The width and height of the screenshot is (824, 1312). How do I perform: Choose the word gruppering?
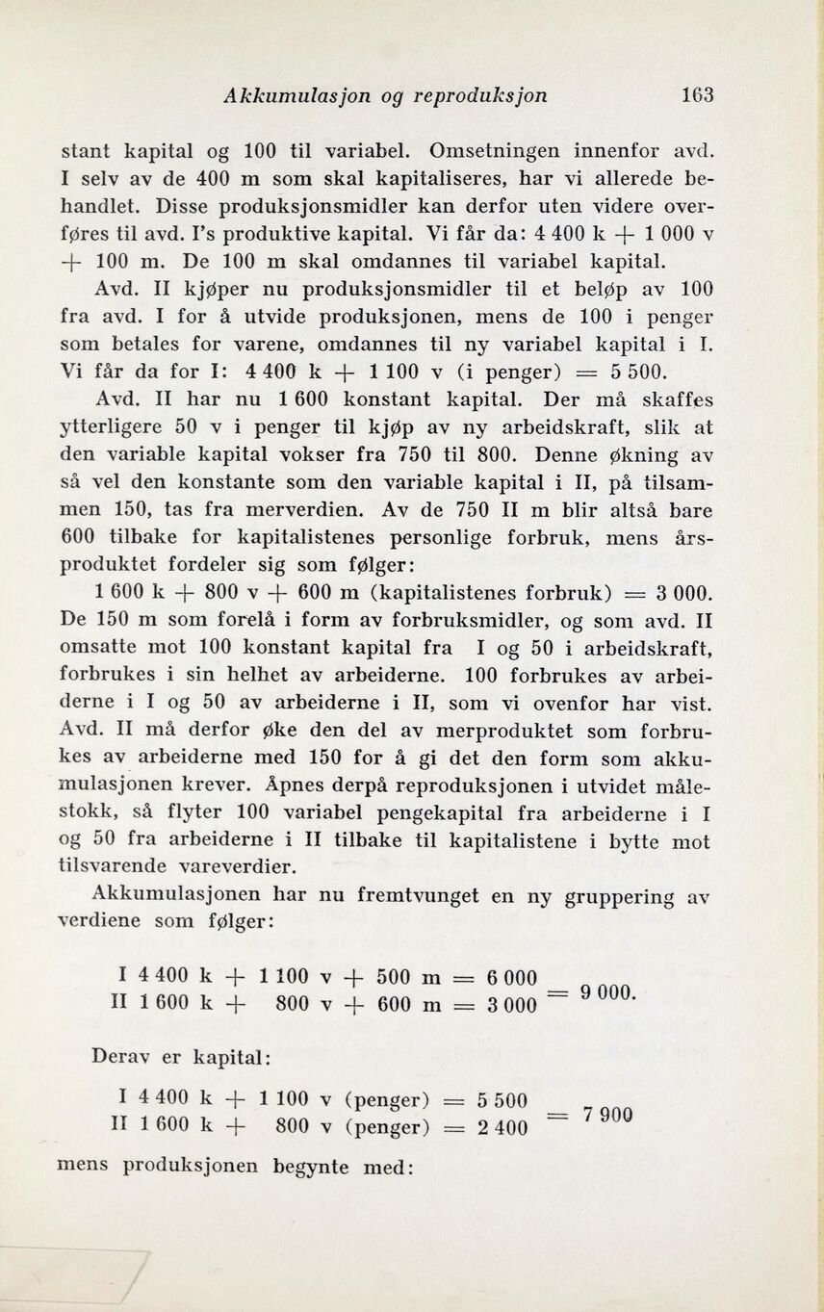[x=618, y=896]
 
